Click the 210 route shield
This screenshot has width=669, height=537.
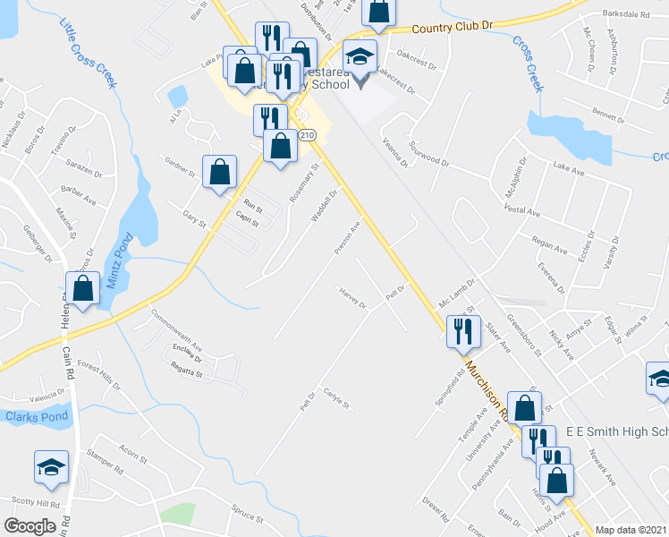pyautogui.click(x=308, y=134)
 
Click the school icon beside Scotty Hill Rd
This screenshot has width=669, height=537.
pyautogui.click(x=51, y=466)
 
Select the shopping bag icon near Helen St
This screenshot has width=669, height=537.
pyautogui.click(x=82, y=289)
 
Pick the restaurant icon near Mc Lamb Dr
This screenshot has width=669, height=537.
pyautogui.click(x=462, y=330)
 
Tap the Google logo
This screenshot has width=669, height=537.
pyautogui.click(x=30, y=526)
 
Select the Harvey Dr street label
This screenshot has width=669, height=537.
pyautogui.click(x=352, y=297)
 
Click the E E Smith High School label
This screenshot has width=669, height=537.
pyautogui.click(x=617, y=432)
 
